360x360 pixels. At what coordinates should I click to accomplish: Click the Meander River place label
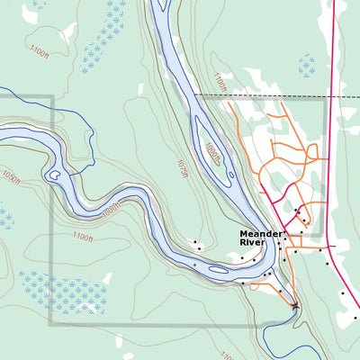(x=261, y=238)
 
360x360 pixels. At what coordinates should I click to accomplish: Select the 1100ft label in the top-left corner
(x=40, y=49)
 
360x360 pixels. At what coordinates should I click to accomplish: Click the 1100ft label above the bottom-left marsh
(x=83, y=237)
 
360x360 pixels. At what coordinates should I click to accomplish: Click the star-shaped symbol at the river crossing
(x=295, y=307)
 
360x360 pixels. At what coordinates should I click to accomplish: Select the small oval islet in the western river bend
(x=54, y=174)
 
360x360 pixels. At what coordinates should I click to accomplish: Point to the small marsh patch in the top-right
(x=307, y=65)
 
